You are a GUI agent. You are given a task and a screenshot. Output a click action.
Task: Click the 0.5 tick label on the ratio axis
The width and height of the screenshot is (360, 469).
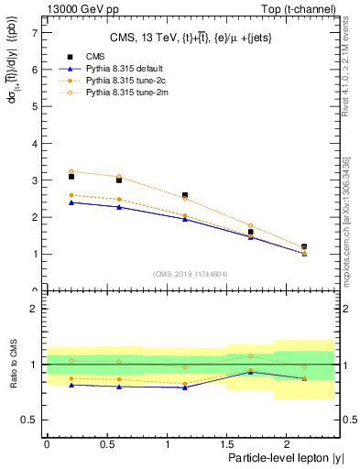30,420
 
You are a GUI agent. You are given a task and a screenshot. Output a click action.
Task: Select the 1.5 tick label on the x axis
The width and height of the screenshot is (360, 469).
227,443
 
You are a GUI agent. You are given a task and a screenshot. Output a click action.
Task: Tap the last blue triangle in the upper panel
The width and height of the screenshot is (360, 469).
304,254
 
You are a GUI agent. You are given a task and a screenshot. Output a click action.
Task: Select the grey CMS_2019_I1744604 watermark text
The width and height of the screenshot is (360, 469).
190,274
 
